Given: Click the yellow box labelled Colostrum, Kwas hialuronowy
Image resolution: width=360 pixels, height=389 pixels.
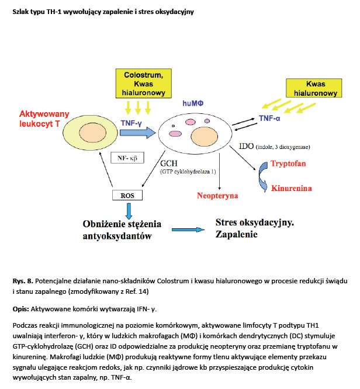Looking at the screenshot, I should (x=144, y=84).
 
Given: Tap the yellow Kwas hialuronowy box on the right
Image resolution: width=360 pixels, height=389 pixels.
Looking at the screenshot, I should (x=314, y=88).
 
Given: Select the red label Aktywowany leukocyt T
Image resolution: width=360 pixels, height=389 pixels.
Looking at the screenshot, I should (x=43, y=119).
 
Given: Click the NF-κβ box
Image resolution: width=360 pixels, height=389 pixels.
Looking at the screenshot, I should (x=127, y=157).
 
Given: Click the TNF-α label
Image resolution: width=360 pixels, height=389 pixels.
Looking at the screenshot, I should (x=272, y=118).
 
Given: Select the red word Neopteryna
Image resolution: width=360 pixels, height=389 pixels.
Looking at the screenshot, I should (x=217, y=196).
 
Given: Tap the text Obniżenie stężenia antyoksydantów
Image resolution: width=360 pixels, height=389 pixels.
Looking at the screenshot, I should (x=122, y=230).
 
